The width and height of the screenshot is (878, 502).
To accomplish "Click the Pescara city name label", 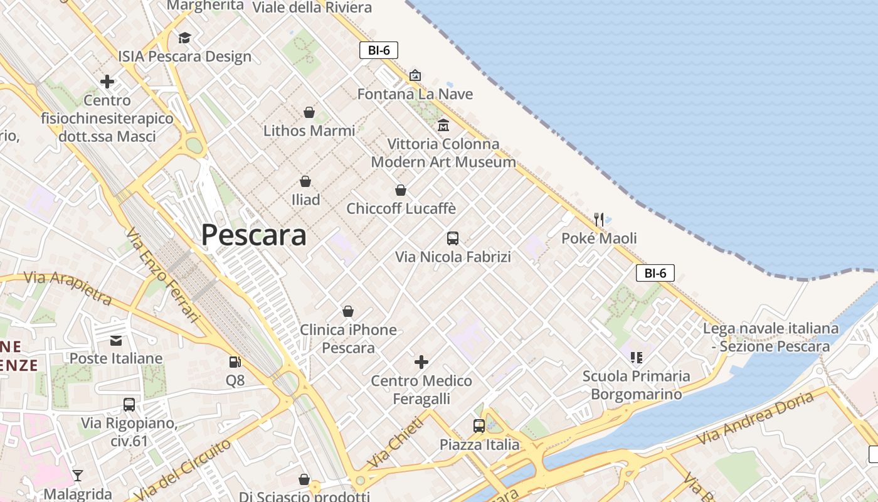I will point(253,235).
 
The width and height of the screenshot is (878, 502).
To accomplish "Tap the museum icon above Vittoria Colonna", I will point(443,125).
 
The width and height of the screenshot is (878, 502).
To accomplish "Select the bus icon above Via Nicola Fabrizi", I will point(453,238).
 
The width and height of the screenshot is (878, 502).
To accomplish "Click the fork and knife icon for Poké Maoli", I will point(599,219).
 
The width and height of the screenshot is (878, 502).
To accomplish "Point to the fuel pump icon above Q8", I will point(235,361).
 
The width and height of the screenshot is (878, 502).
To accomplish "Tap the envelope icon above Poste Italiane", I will point(116,340).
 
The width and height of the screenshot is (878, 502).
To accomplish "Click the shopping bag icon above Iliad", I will point(305,181).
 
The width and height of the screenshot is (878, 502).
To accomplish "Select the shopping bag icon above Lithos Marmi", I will point(309,112).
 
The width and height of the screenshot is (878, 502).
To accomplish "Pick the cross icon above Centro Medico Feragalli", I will point(421,362).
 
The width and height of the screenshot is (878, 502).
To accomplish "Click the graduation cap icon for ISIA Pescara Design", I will point(184,38).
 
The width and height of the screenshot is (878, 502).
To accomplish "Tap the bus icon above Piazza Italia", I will point(479,426).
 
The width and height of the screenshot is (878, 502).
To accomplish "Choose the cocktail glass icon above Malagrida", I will point(78,475).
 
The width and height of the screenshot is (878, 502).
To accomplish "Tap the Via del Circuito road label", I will point(182,470).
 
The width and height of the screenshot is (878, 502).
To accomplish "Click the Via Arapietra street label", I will point(68,287).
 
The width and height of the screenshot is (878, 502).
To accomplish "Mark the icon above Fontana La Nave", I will point(415,75).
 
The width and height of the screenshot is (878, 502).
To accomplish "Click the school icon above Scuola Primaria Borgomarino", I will point(637,358).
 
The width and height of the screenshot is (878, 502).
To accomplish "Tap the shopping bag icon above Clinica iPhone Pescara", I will point(348,311).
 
